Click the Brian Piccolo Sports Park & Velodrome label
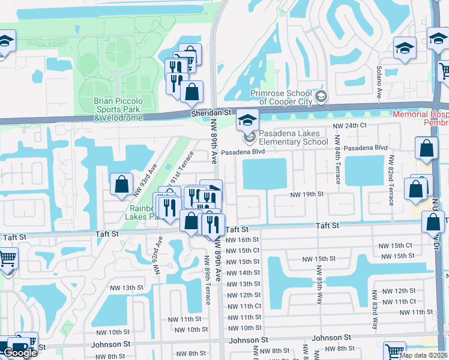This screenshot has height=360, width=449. point(118,109)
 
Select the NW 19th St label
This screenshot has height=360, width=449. point(307,194)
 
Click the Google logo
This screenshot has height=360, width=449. point(20,353)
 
